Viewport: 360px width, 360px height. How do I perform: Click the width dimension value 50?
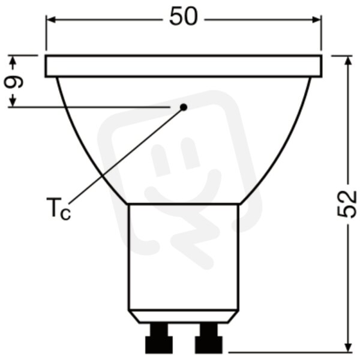pyautogui.click(x=183, y=17)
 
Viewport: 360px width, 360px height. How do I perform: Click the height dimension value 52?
pyautogui.click(x=347, y=204)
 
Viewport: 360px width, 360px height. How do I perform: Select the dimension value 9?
pyautogui.click(x=14, y=81)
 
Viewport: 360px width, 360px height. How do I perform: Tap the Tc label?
pyautogui.click(x=59, y=208)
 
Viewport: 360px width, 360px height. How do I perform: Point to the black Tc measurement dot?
pyautogui.click(x=184, y=107)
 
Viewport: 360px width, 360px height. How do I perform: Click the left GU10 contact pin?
pyautogui.click(x=159, y=338)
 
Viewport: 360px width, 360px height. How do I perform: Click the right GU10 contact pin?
pyautogui.click(x=208, y=338)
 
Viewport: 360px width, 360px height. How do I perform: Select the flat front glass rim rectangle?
pyautogui.click(x=184, y=66)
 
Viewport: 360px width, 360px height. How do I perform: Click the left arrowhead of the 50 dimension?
pyautogui.click(x=50, y=20)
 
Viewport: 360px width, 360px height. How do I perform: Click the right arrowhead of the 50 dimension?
pyautogui.click(x=317, y=20)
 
